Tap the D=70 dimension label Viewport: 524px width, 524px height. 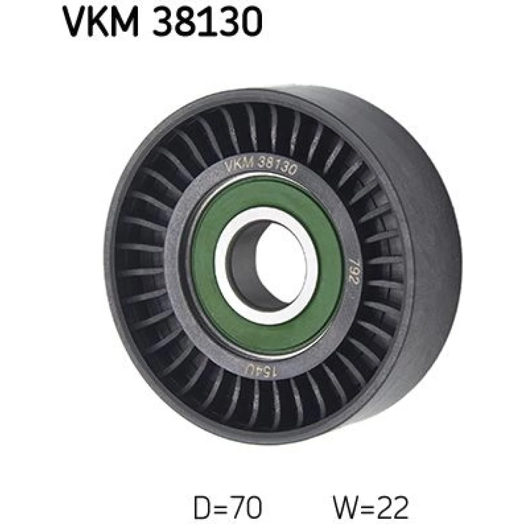227,508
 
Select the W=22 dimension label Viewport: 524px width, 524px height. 370,508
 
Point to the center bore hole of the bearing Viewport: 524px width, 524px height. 267,266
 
